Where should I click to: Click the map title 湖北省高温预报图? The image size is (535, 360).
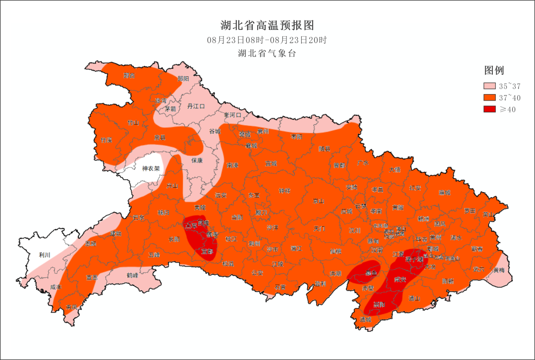click(x=267, y=25)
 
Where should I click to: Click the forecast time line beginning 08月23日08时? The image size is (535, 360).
click(x=267, y=40)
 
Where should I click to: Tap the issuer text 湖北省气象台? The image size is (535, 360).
click(x=267, y=53)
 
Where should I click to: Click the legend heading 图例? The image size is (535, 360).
click(x=494, y=70)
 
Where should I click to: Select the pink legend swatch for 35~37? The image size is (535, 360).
click(x=489, y=86)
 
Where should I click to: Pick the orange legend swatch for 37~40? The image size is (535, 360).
click(x=489, y=98)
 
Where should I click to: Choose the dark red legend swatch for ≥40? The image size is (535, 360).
click(x=489, y=109)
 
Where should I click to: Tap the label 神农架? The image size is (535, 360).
click(x=151, y=168)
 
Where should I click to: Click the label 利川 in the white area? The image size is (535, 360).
click(x=45, y=255)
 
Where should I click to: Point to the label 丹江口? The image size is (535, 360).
click(x=196, y=106)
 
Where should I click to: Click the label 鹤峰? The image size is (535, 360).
click(x=132, y=275)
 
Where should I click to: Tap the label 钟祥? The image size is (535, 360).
click(x=284, y=191)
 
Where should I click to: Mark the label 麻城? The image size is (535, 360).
click(x=445, y=193)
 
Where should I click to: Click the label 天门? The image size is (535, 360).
click(x=320, y=229)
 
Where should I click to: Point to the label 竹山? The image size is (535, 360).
click(x=133, y=122)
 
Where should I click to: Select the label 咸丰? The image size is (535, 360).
click(x=56, y=287)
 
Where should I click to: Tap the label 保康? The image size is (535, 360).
click(x=198, y=160)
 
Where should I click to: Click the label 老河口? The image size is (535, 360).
click(x=232, y=115)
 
